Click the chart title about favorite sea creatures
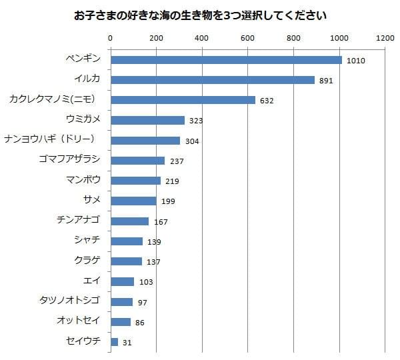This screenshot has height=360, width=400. (200, 14)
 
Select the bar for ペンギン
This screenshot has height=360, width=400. (225, 60)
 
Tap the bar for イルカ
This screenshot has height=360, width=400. (212, 80)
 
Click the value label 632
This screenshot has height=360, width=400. (267, 101)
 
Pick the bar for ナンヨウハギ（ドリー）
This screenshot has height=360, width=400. (145, 140)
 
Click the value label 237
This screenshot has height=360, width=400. (176, 161)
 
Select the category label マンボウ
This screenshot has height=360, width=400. (83, 179)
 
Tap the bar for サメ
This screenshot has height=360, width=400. (133, 201)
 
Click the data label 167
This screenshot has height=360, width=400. (160, 221)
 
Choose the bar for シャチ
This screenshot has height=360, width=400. (126, 241)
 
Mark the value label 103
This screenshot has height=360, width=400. (145, 282)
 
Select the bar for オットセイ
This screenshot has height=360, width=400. (120, 321)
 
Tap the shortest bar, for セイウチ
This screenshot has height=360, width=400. (114, 341)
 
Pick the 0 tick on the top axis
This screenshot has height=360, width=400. (110, 39)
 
